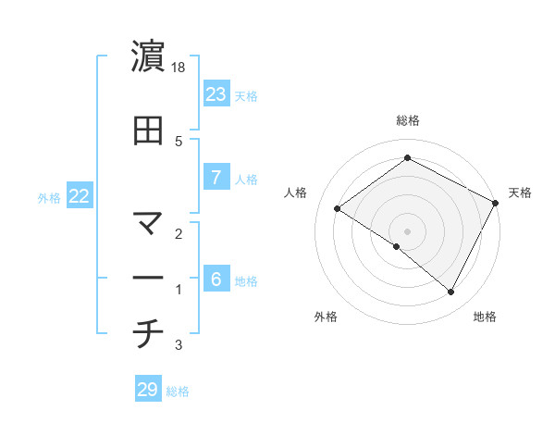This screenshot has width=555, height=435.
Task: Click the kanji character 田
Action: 148,130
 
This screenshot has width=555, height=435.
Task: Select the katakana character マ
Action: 148,223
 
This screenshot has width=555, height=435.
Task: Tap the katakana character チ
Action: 148,334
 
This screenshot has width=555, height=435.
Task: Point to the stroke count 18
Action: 179,68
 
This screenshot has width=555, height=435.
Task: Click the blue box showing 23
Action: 216,94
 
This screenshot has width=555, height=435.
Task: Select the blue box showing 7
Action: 216,178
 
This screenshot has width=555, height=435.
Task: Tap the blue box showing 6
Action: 216,280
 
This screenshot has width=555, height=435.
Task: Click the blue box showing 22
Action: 79,196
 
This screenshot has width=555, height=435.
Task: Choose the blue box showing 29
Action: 148,390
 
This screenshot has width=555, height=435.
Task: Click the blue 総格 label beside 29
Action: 178,391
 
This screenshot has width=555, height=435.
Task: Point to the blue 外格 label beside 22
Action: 48,197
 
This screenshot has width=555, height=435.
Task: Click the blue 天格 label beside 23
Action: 246,95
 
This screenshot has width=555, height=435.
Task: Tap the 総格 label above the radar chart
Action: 407,120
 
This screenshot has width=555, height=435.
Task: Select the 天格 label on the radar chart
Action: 520,193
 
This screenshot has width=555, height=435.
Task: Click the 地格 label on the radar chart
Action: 485,317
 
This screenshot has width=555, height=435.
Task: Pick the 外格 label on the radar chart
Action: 326,317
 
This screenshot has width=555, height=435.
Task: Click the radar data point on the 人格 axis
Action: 338,209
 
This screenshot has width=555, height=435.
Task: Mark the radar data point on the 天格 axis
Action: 496,203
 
